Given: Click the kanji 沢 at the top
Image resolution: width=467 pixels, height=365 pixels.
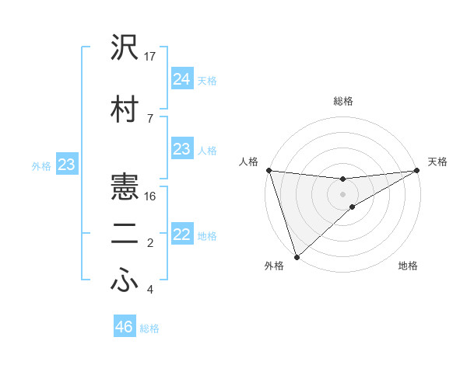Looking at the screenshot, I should point(125,48).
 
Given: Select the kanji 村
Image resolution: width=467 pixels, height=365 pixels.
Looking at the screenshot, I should point(125,109).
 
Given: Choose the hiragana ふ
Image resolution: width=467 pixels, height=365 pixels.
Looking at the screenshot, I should point(125,282).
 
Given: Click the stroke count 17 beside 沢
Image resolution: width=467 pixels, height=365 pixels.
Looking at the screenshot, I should point(150,57).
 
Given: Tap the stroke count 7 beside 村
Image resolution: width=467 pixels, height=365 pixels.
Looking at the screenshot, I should point(149,118).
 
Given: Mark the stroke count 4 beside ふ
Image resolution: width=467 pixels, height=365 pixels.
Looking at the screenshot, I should point(149,290).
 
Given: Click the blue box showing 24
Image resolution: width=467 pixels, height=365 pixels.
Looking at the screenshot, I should point(181,78).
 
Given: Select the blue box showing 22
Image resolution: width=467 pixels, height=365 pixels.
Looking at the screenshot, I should point(181,234).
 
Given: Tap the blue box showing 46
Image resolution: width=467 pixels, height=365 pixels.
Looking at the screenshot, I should point(124,327).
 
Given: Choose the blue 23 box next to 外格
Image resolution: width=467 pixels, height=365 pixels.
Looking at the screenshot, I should point(66,165).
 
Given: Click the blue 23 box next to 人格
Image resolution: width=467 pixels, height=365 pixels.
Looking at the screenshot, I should point(181,148).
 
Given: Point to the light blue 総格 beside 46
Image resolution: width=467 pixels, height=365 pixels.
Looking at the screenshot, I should point(149,328).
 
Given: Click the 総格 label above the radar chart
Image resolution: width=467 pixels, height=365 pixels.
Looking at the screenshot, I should point(342,101).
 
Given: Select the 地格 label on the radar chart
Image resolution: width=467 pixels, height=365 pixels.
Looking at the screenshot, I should point(408,266).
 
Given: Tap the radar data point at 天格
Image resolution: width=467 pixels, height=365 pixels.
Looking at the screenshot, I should point(417,170).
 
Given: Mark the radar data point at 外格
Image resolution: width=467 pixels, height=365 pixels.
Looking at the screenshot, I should point(296,257).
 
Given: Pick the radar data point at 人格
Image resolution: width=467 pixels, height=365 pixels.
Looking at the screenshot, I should point(268,170).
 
